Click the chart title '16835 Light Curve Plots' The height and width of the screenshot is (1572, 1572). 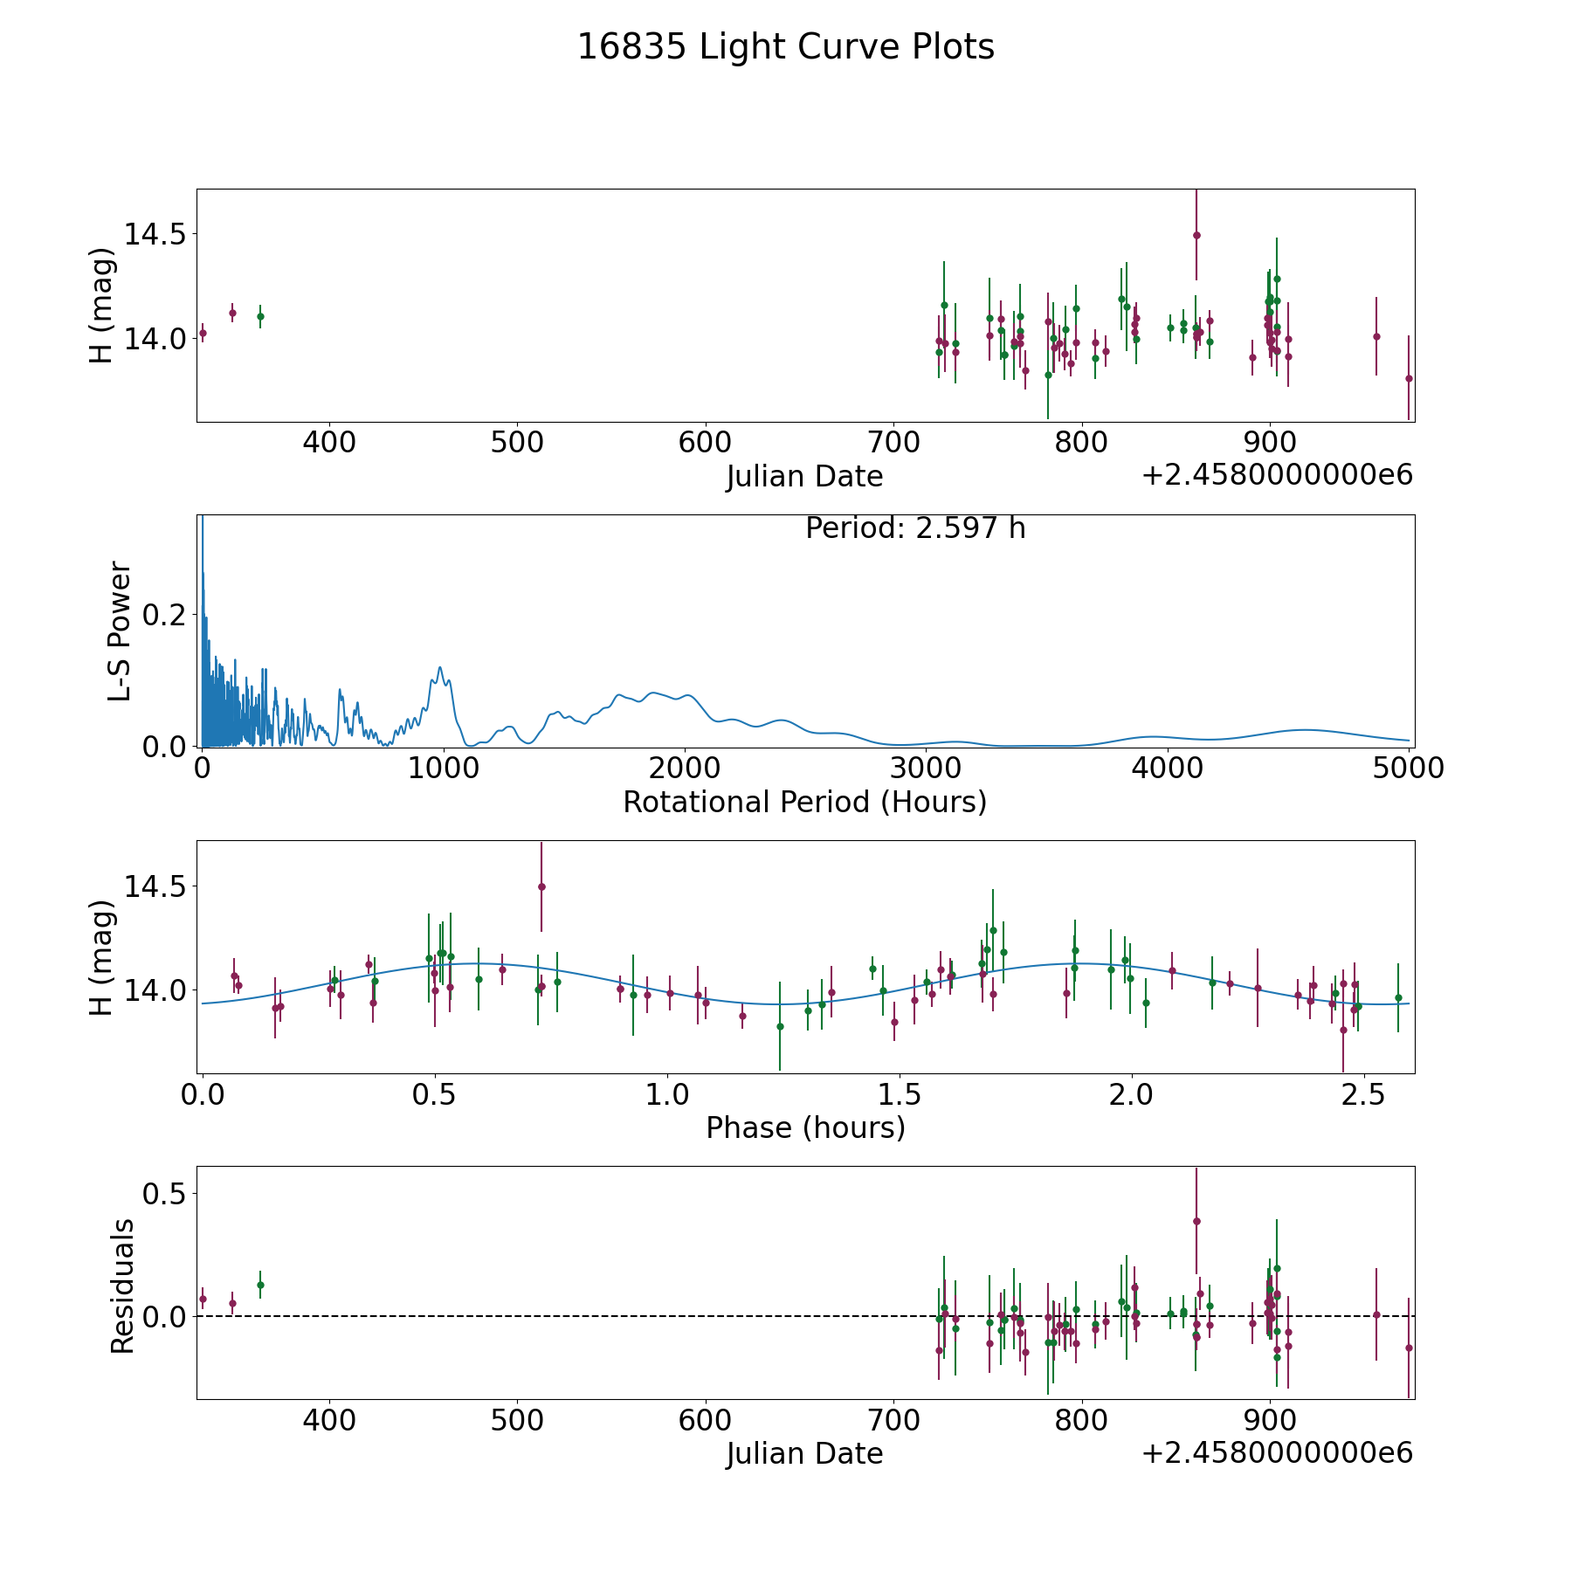[785, 47]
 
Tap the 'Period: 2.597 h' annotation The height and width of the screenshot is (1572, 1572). [915, 528]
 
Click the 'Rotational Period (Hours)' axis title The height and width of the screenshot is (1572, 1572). [804, 802]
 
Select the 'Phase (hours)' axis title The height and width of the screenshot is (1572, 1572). [805, 1127]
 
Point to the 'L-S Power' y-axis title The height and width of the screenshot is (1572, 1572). [120, 631]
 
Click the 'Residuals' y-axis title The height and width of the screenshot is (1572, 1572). [122, 1286]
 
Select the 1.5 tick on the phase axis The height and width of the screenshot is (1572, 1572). [900, 1094]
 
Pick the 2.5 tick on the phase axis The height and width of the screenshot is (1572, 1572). [1363, 1094]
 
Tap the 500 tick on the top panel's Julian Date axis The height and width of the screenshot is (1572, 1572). [517, 442]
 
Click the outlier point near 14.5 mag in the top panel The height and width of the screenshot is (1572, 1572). [1196, 235]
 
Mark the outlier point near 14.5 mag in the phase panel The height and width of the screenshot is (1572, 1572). [541, 886]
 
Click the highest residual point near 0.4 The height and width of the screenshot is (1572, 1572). [1196, 1222]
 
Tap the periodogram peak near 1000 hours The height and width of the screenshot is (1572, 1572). [440, 668]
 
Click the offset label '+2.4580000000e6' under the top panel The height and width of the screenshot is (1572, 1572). [1277, 476]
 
